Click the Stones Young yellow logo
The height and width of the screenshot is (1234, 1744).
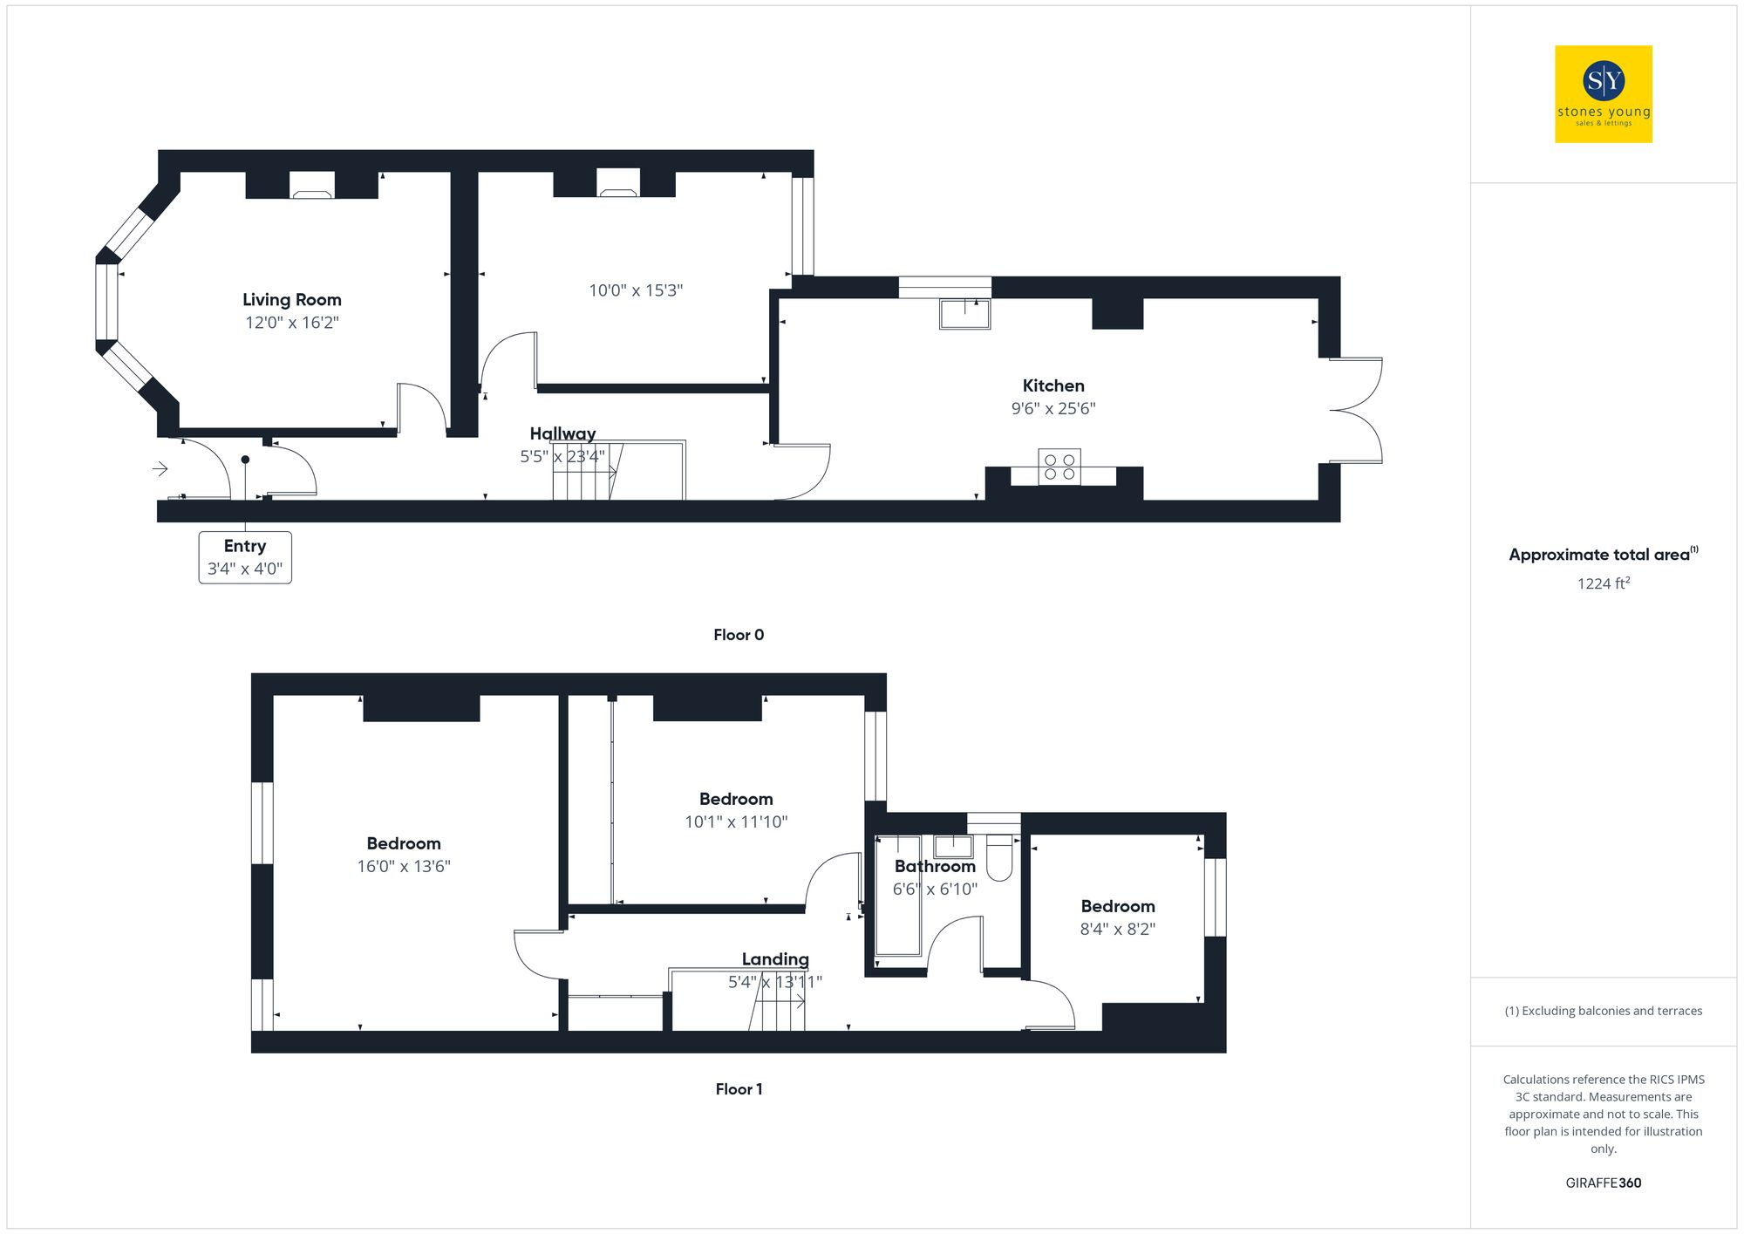tap(1603, 94)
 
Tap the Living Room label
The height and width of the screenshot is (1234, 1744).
tap(292, 300)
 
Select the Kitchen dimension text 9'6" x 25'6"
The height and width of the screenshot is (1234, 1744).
tap(1053, 408)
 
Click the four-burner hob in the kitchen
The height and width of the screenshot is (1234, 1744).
tap(1059, 467)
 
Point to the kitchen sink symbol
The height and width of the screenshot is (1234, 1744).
tap(964, 313)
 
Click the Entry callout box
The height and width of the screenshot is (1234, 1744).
tap(245, 557)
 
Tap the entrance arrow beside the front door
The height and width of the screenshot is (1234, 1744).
tap(160, 469)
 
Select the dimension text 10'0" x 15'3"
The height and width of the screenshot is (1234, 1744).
tap(636, 290)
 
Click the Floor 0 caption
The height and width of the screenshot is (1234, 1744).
tap(739, 635)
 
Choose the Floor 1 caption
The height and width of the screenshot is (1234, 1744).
tap(739, 1089)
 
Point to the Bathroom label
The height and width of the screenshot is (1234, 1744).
tap(935, 867)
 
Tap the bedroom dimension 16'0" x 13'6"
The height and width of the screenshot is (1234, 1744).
tap(404, 866)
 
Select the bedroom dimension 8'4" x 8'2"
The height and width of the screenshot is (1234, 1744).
tap(1118, 929)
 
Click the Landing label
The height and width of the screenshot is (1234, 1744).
tap(775, 959)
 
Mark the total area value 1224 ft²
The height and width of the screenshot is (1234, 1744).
tap(1603, 583)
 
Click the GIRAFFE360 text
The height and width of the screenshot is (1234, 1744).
tap(1603, 1183)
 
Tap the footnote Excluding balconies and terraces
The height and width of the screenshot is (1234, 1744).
tap(1603, 1011)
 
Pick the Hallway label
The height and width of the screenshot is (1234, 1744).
tap(562, 433)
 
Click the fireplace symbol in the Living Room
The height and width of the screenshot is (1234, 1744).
tap(312, 186)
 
